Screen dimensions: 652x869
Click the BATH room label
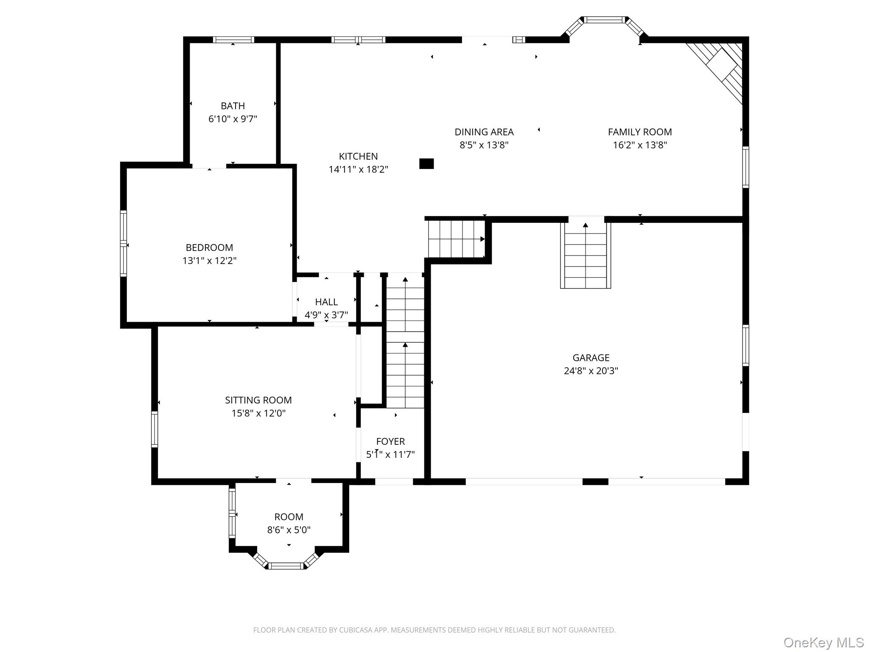(x=233, y=106)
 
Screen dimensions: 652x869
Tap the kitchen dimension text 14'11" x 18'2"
(x=358, y=169)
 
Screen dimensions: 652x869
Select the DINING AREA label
(x=484, y=132)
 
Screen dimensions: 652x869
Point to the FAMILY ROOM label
(x=639, y=132)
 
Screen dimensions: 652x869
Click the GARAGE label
(x=591, y=358)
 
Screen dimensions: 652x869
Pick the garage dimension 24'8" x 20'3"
(x=591, y=371)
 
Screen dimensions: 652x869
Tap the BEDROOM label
(x=209, y=247)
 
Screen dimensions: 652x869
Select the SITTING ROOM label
(x=258, y=400)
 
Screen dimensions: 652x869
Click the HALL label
(x=326, y=302)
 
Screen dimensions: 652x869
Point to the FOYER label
(x=390, y=441)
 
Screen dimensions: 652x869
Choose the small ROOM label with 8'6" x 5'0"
(x=289, y=517)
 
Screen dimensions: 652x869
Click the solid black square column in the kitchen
(x=426, y=163)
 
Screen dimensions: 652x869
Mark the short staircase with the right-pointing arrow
(x=457, y=239)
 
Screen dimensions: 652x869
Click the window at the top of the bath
(x=233, y=39)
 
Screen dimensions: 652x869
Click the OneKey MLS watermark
(x=823, y=642)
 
